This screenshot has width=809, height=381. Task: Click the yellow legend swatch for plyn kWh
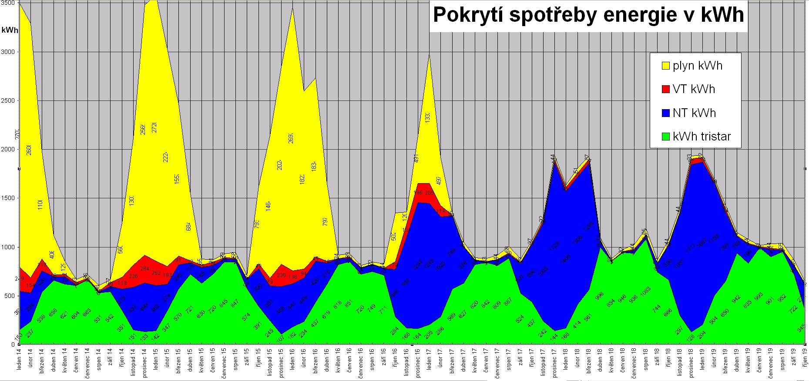click(665, 66)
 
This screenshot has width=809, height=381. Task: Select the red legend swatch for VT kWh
click(665, 89)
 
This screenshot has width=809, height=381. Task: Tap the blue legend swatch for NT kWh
click(665, 113)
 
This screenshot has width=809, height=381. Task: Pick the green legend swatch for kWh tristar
click(665, 137)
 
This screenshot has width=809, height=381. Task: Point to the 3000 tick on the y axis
click(10, 52)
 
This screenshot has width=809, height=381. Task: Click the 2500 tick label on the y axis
click(10, 101)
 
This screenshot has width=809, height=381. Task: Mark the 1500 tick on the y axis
click(10, 198)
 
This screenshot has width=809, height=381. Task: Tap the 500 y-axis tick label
click(11, 296)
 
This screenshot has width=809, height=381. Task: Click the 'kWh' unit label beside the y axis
click(10, 30)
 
